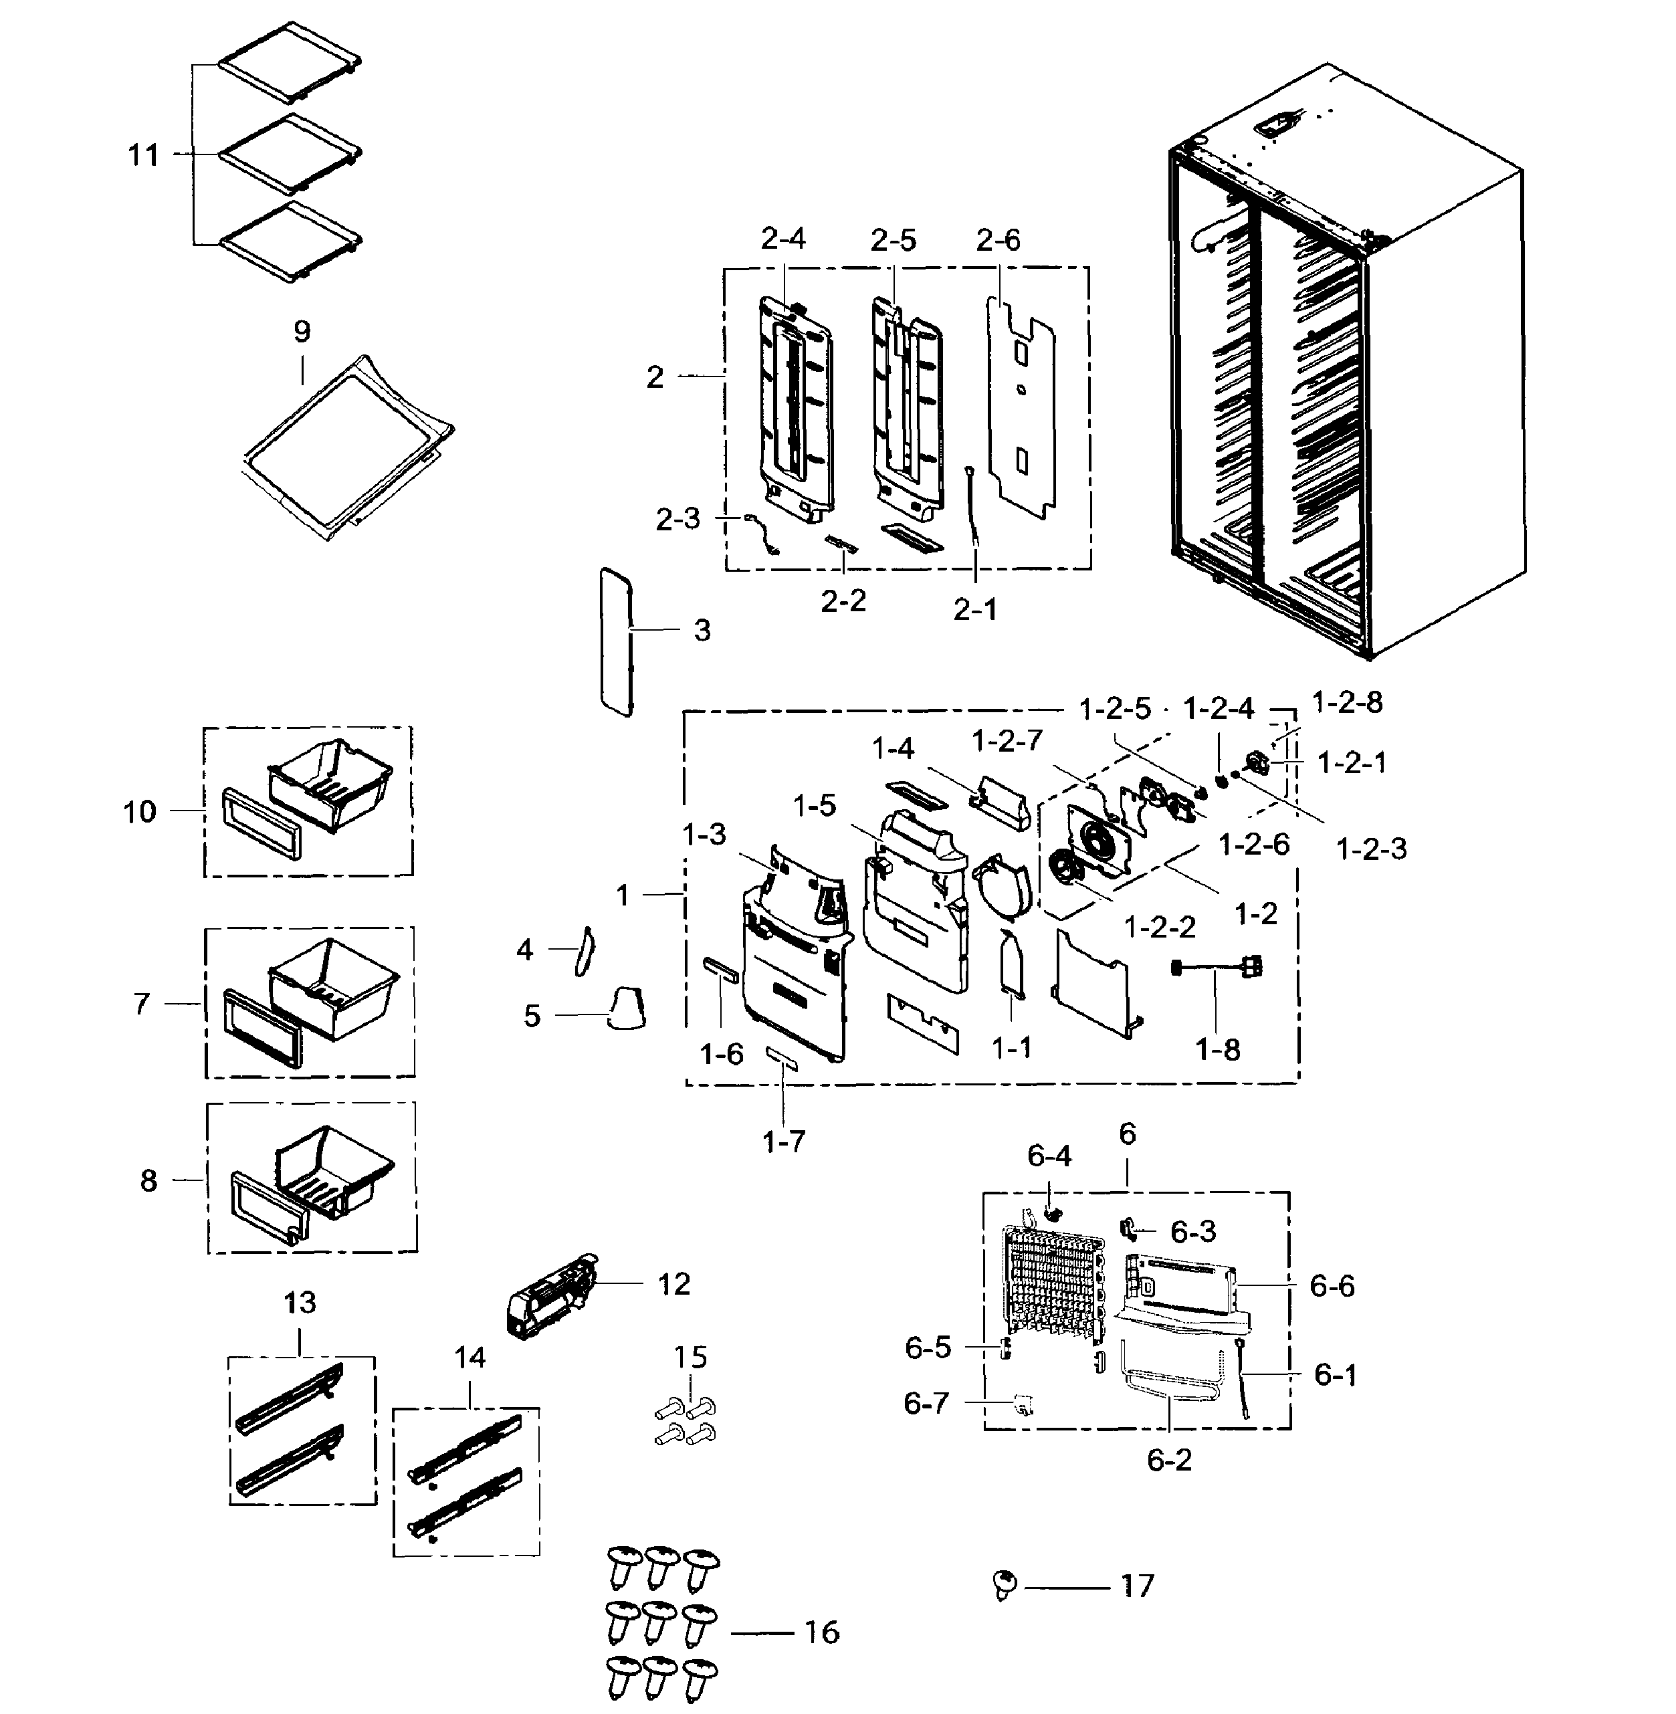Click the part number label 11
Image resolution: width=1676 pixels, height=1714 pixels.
[144, 155]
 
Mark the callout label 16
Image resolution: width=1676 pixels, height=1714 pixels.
[821, 1632]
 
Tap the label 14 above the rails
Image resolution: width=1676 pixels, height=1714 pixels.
[470, 1358]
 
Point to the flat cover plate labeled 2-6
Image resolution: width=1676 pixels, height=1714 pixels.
[1021, 405]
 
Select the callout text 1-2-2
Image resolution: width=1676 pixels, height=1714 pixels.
[1160, 926]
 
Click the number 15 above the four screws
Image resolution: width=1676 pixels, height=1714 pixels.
[690, 1357]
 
